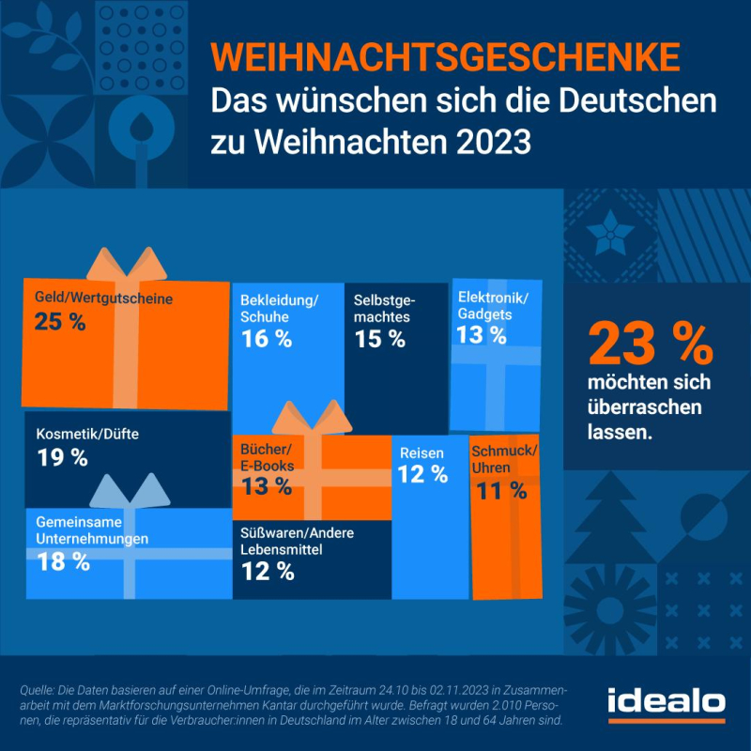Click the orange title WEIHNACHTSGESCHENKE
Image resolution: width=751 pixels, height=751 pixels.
pos(444,55)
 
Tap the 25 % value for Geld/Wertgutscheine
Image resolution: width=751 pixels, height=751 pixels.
pos(60,322)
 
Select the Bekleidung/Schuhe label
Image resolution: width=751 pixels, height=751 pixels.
pos(280,308)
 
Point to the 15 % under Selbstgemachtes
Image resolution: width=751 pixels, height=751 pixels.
pos(379,339)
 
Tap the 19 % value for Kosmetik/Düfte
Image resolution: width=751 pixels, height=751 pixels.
pos(62,458)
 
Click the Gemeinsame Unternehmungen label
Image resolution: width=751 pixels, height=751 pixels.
pos(92,530)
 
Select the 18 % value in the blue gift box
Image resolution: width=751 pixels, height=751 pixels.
pos(64,562)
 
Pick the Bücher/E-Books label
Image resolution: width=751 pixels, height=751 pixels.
pos(268,457)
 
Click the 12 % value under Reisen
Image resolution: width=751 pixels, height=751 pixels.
pos(422,475)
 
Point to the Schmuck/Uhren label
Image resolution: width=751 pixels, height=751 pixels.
pos(504,457)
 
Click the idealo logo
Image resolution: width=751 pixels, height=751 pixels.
pos(666,702)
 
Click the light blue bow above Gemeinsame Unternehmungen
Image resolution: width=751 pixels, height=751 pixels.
pos(126,489)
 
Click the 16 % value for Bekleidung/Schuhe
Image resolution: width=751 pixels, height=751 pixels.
pos(267,339)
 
